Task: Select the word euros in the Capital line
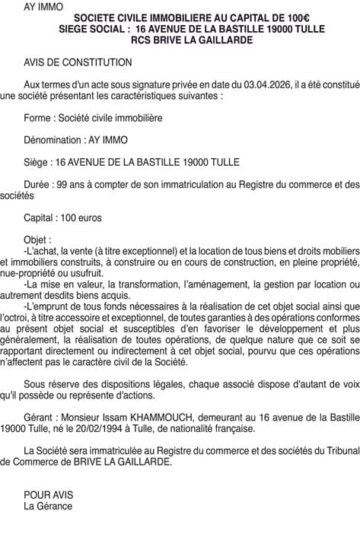88,217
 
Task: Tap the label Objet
37,239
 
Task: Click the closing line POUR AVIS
48,494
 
